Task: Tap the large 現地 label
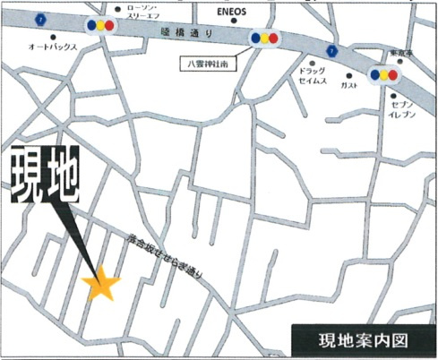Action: tap(45, 177)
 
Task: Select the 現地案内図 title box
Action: tap(363, 339)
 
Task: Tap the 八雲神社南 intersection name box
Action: tap(204, 63)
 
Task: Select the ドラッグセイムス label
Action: tap(313, 74)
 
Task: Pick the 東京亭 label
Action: tap(399, 53)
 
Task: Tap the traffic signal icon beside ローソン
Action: tap(100, 24)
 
